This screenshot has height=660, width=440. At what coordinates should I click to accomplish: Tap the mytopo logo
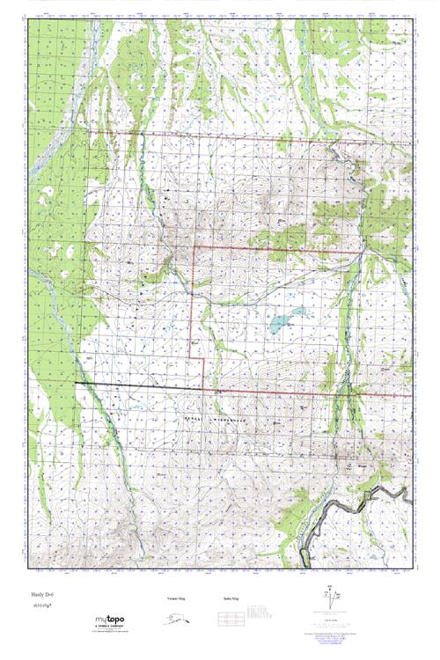pyautogui.click(x=112, y=621)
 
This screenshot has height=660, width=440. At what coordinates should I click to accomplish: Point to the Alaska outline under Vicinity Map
pyautogui.click(x=176, y=620)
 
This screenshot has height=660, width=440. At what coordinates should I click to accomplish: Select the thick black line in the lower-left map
pyautogui.click(x=132, y=386)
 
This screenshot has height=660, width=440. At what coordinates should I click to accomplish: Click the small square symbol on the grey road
pyautogui.click(x=367, y=498)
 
